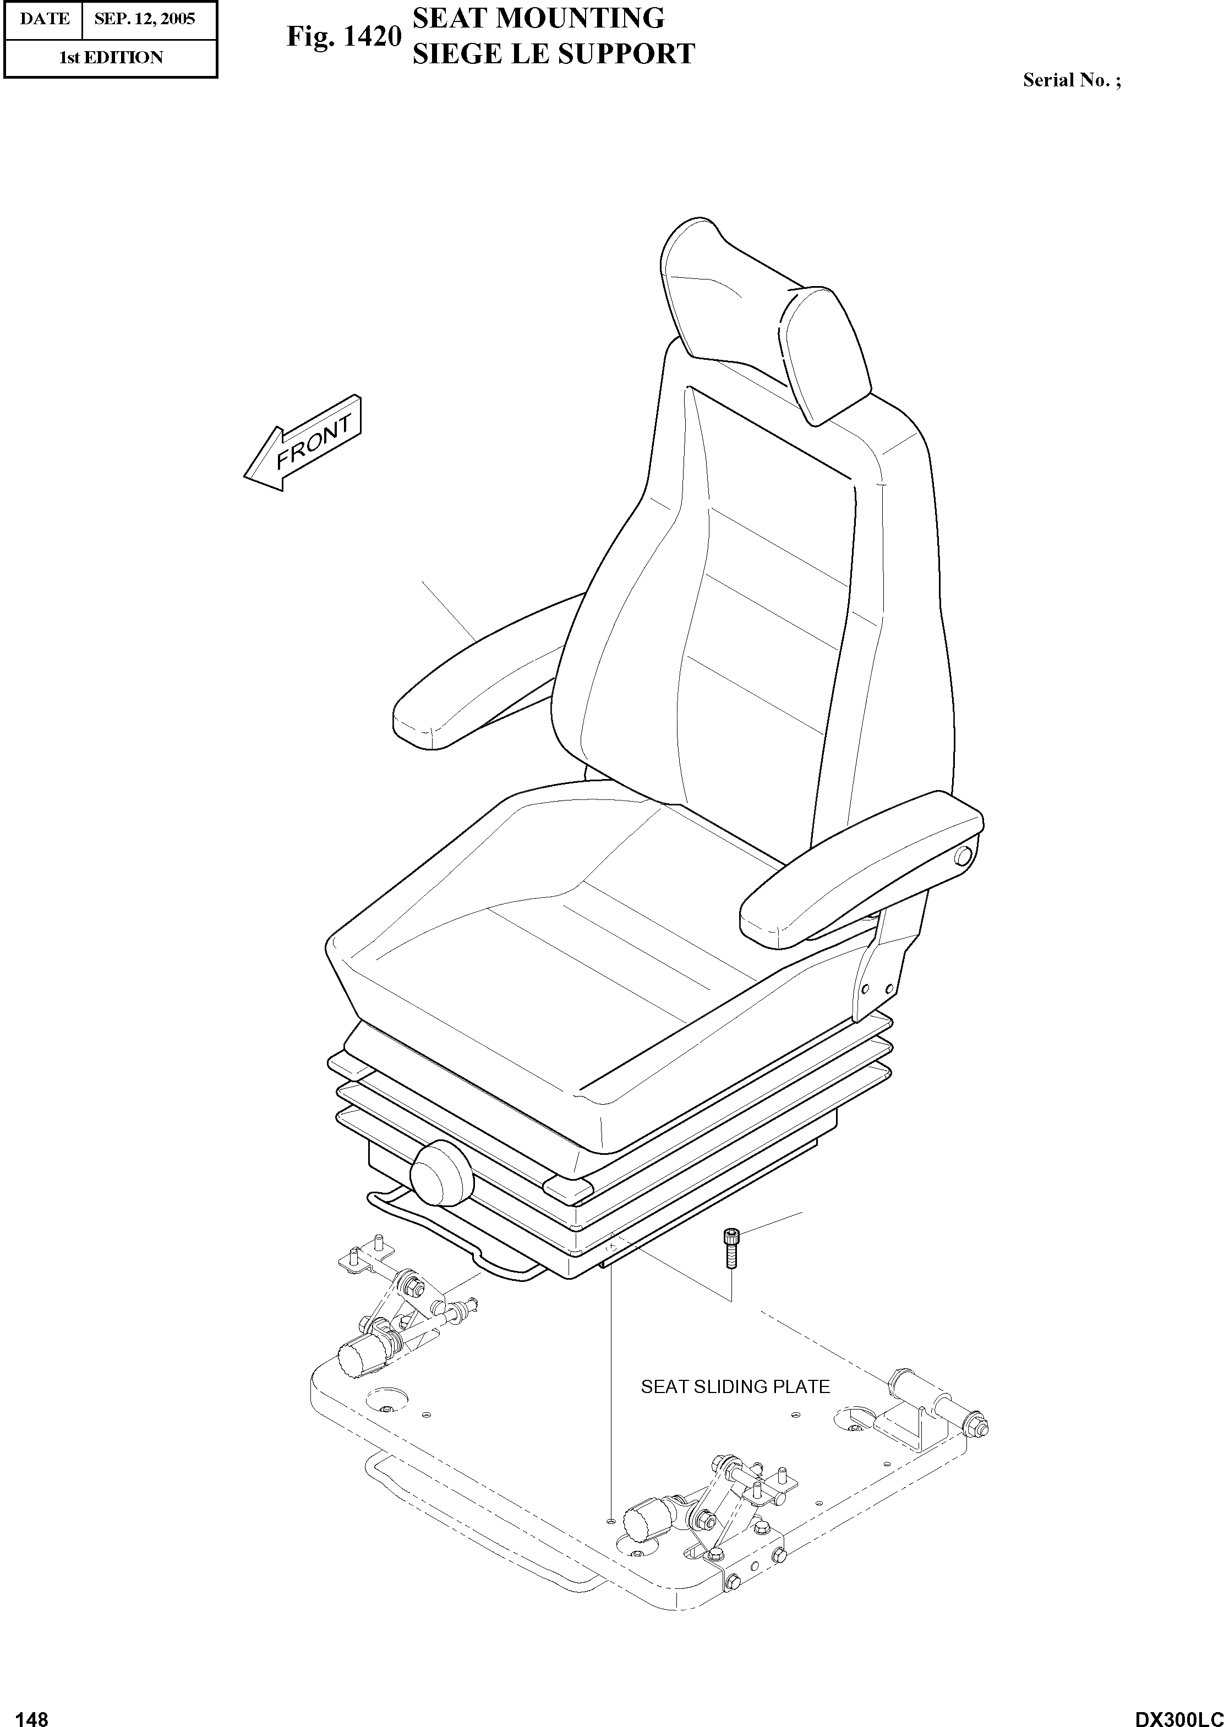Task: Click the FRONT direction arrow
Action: click(304, 445)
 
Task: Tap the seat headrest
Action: click(761, 316)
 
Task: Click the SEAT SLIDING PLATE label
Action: click(735, 1387)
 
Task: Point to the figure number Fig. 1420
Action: click(343, 36)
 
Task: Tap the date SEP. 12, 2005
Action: click(144, 19)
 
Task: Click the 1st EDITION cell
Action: click(111, 58)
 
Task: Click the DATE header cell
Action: click(43, 19)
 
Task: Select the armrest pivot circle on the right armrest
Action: click(963, 856)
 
